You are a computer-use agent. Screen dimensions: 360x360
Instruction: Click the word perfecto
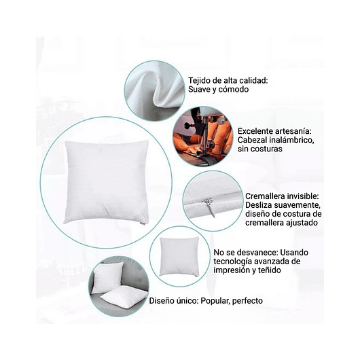(x=249, y=300)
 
